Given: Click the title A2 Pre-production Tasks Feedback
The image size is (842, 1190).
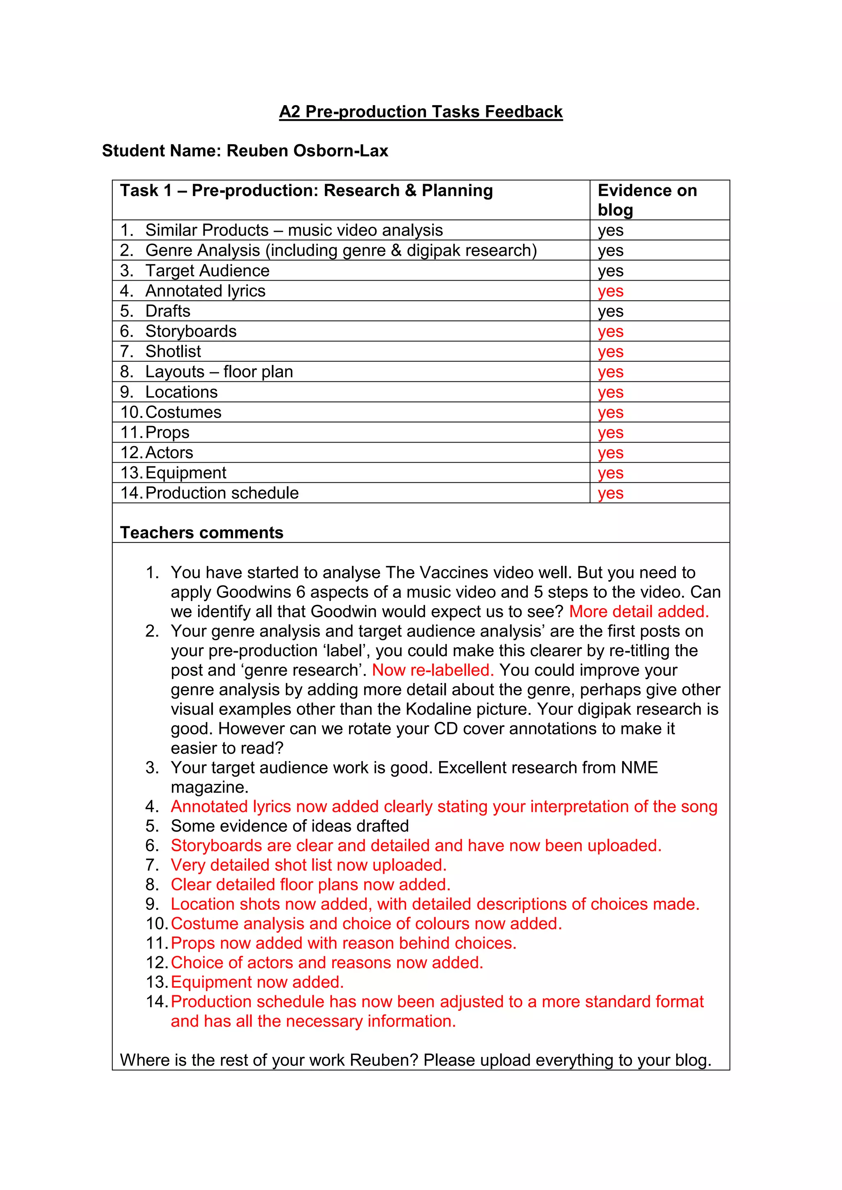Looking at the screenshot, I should pos(421,112).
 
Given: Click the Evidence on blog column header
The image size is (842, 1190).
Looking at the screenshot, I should pos(647,200).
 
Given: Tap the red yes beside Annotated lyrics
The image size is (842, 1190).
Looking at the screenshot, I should pos(610,291).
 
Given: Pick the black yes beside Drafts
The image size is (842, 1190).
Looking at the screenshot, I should pos(610,311).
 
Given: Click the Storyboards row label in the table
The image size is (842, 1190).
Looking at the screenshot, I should pos(191,331).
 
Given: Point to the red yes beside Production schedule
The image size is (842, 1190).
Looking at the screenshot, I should pos(610,494).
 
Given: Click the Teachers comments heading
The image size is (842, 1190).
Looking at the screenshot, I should pos(202,533).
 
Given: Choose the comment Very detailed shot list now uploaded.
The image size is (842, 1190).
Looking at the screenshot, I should pos(308,865).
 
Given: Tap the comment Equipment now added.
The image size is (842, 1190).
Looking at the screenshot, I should pos(257,982).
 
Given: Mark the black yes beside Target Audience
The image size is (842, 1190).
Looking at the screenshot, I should pos(610,271).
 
